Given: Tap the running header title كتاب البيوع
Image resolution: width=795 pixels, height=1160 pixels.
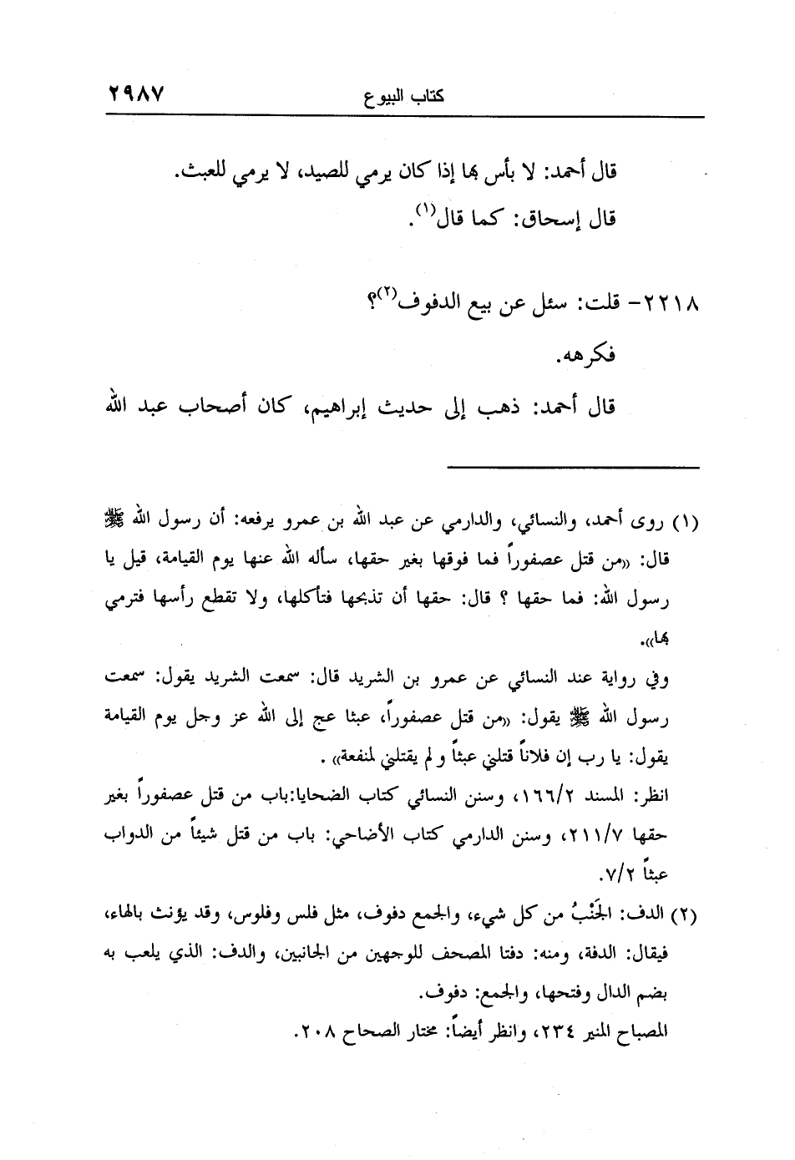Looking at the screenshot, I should pos(404,95).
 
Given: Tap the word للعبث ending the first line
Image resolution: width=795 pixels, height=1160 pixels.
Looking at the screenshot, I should pos(204,172).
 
